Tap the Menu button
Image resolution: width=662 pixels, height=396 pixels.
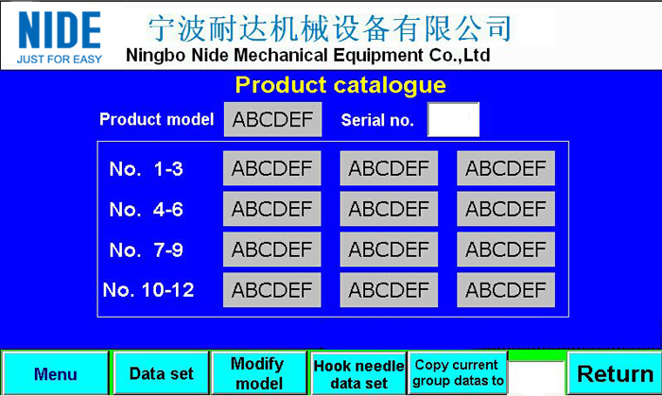[x=55, y=373]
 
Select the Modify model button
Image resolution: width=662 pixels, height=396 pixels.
[x=259, y=373]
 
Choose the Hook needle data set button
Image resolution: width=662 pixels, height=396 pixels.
[x=358, y=373]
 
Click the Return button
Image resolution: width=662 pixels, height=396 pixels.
[x=615, y=373]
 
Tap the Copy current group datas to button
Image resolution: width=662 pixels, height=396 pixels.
[x=458, y=372]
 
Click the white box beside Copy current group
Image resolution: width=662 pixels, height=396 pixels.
[x=536, y=378]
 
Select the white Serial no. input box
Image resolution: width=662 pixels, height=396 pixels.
[x=453, y=119]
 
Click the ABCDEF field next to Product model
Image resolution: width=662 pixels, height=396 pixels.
[x=272, y=119]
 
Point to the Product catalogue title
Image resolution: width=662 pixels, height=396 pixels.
[x=340, y=85]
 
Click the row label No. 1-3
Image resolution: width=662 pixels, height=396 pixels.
[x=146, y=169]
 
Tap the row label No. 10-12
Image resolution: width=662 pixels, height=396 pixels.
[x=148, y=290]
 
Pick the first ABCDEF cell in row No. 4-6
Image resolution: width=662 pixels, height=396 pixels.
[x=272, y=209]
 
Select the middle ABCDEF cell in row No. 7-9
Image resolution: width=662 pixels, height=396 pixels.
[x=389, y=250]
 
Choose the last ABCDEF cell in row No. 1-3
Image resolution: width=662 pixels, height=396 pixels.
[x=506, y=168]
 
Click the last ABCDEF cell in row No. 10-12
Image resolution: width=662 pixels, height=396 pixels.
[x=506, y=290]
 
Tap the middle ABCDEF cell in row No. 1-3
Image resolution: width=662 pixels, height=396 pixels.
[x=389, y=168]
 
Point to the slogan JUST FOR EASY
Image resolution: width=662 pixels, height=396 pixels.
[x=60, y=60]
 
